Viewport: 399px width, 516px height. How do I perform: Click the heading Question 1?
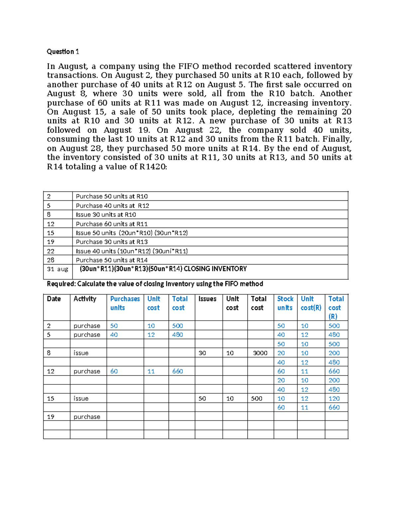click(63, 52)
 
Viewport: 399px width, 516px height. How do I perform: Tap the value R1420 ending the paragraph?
click(153, 167)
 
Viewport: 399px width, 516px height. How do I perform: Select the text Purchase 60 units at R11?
click(112, 224)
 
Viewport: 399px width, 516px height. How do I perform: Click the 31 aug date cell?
click(57, 269)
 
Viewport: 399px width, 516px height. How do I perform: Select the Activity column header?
click(85, 299)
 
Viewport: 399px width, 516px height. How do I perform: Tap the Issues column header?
click(207, 299)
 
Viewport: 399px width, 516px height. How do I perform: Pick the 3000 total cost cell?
click(260, 353)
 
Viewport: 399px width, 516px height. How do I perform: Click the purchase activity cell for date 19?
click(87, 417)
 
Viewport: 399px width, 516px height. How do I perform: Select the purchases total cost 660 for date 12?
click(178, 371)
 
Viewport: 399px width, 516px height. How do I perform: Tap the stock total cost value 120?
click(334, 398)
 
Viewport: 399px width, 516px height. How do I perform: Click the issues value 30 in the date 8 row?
click(202, 353)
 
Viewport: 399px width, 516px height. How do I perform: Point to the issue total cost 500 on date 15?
click(256, 398)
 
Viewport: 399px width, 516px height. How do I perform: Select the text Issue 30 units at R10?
click(106, 215)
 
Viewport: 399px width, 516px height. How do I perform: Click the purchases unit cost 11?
click(151, 371)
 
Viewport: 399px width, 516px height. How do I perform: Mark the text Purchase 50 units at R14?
click(112, 260)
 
